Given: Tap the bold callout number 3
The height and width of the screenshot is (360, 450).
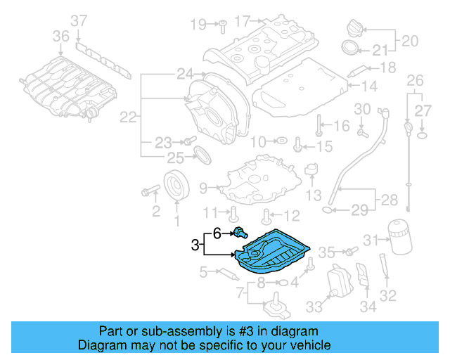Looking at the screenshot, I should [x=195, y=245].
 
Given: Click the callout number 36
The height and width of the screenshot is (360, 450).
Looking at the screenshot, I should [x=61, y=36].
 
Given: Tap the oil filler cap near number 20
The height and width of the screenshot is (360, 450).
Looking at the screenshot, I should [x=353, y=30].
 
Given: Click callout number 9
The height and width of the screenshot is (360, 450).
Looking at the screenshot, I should [x=203, y=188].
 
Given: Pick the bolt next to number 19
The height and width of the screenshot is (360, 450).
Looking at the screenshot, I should [x=220, y=24].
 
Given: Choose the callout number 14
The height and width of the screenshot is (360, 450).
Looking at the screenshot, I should [x=370, y=86].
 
